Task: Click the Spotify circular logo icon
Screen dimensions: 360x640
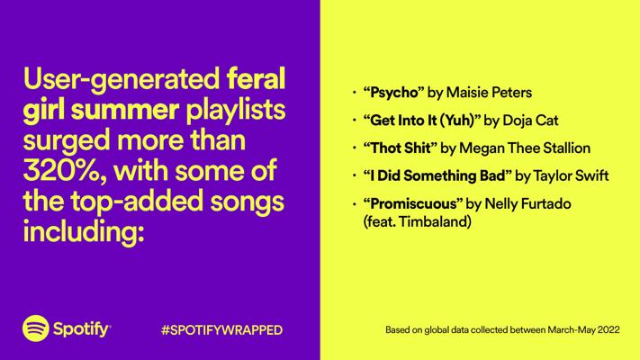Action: coord(36,328)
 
